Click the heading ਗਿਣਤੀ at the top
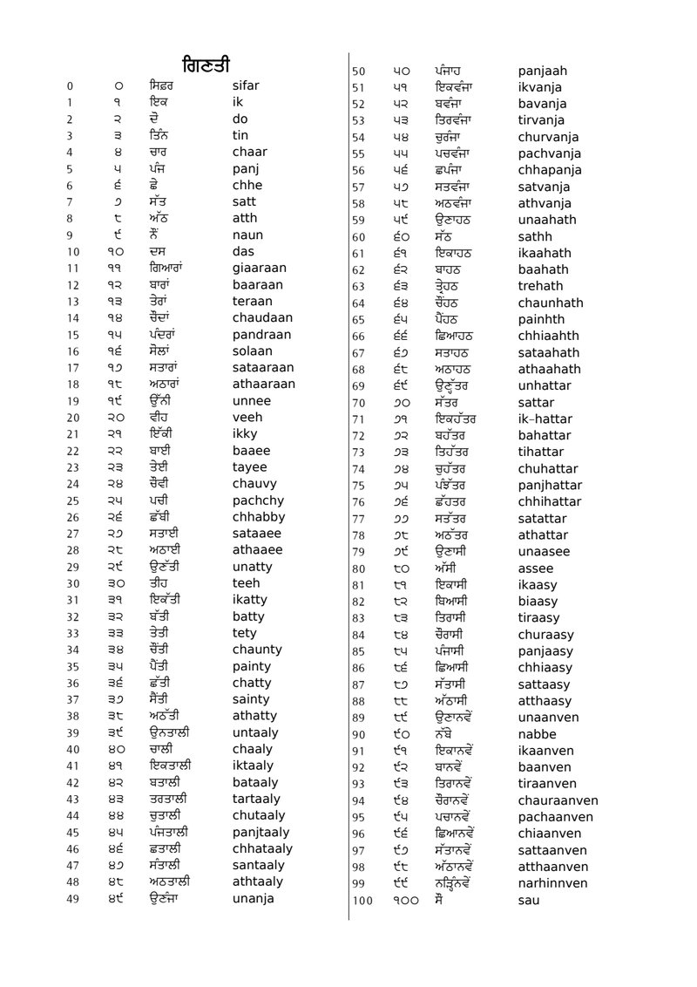coord(206,65)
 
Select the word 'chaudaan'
coord(262,318)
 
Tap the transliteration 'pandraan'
coord(261,335)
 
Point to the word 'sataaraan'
coord(263,368)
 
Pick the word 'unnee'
coord(252,401)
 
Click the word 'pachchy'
coord(258,500)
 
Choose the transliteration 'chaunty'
coord(257,650)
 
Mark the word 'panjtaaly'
coord(261,832)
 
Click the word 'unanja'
coord(253,898)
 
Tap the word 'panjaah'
coord(542,71)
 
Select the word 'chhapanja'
coord(549,170)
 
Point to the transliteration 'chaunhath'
coord(551,303)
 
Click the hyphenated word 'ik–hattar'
coord(545,419)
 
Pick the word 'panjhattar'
coord(549,486)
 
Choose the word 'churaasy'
coord(545,635)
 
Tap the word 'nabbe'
coord(537,734)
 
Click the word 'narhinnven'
coord(552,883)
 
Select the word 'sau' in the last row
coord(528,900)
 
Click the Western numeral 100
coord(362,901)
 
